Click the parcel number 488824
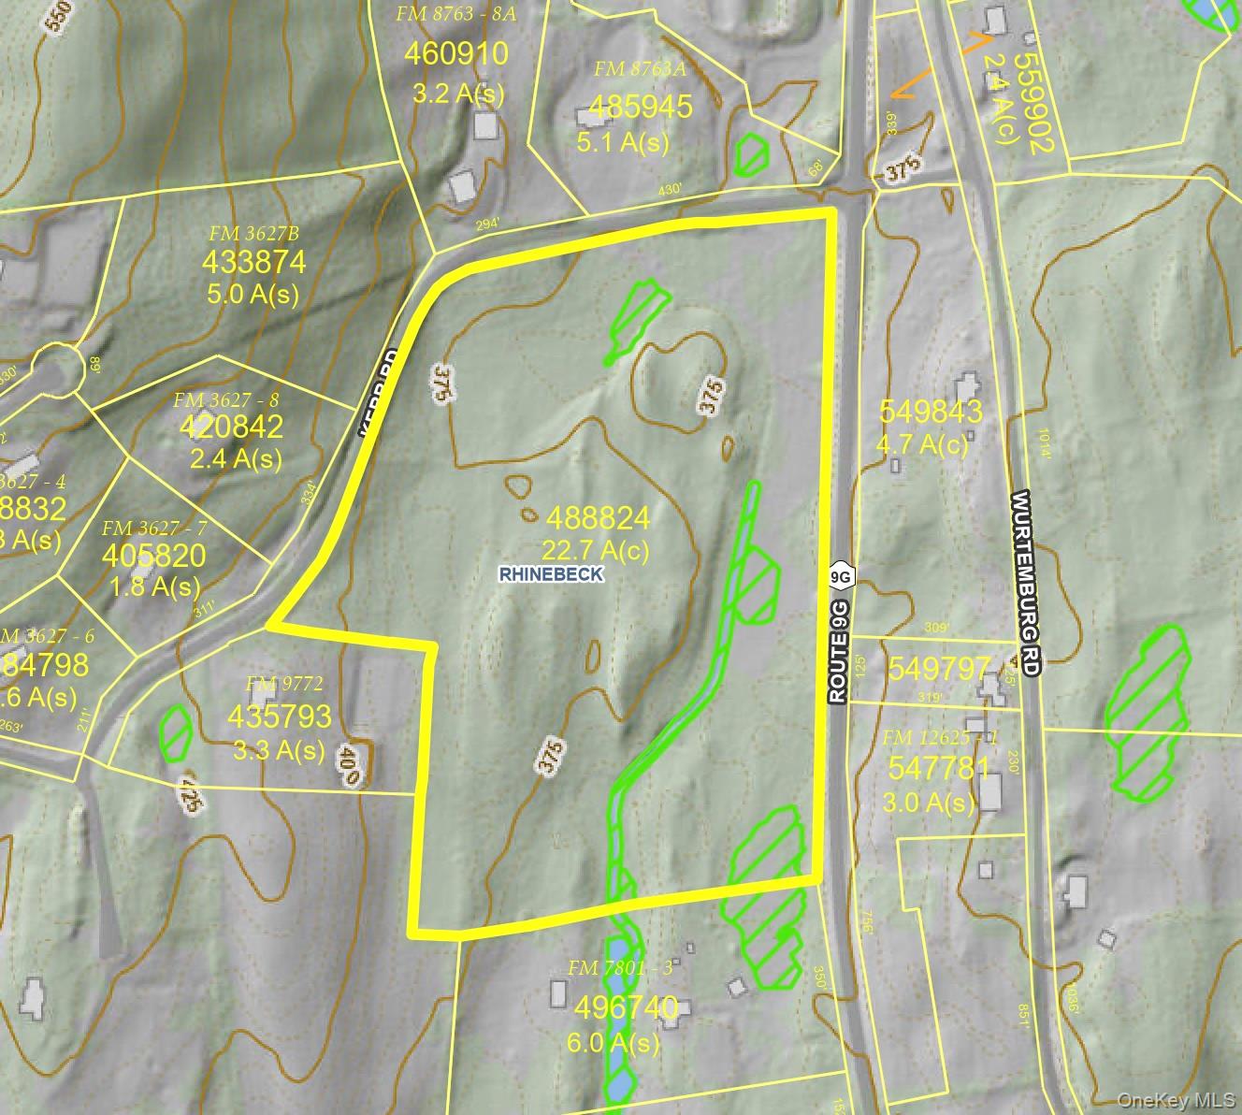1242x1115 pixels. [598, 517]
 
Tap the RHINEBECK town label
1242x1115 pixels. [552, 574]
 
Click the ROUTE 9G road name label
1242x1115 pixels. [839, 652]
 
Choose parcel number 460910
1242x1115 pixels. [456, 54]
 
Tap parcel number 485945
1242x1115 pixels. [641, 107]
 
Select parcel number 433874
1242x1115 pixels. [253, 261]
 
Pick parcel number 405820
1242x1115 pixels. [153, 557]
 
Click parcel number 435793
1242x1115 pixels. [280, 717]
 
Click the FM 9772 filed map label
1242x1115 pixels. [278, 684]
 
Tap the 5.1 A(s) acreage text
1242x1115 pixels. [624, 141]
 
